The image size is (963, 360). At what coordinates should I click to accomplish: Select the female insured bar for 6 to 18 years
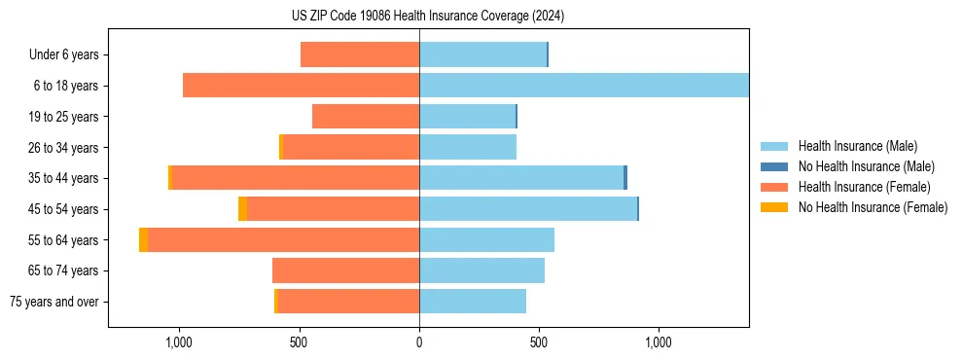[x=301, y=86]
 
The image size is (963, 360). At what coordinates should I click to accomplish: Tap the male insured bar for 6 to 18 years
[x=584, y=86]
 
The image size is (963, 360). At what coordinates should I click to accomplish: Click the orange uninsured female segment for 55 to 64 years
[x=143, y=240]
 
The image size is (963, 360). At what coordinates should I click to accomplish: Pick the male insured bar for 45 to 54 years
[x=528, y=209]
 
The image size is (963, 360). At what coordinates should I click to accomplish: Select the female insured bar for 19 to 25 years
[x=366, y=117]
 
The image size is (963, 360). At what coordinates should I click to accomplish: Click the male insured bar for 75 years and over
[x=473, y=302]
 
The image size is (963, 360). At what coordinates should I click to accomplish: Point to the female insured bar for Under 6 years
[x=360, y=54]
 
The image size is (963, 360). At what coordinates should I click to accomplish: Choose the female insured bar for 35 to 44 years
[x=295, y=178]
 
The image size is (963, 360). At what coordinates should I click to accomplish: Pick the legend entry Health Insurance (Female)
[x=864, y=187]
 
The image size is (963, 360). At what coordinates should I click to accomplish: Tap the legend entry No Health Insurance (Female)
[x=873, y=207]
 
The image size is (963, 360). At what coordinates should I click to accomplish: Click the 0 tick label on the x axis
[x=419, y=343]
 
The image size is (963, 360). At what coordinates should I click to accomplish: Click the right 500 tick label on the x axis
[x=539, y=343]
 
